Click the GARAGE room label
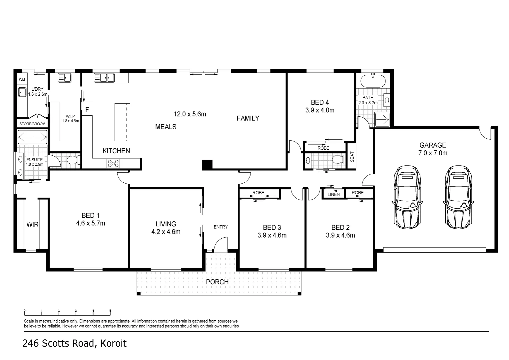tap(432, 145)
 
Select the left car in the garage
tap(406, 196)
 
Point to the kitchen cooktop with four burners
tap(113, 163)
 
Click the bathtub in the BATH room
tap(373, 81)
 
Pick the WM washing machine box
tap(22, 79)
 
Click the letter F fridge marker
tap(87, 109)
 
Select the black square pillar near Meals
tap(207, 165)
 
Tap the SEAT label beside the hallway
tap(352, 157)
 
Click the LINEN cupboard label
tap(333, 194)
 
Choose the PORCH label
tap(217, 282)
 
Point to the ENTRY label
tap(221, 227)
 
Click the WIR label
tap(32, 225)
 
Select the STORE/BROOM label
tap(32, 124)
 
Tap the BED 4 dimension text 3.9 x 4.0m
tap(320, 110)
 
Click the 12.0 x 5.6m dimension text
tap(190, 114)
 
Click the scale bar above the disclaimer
tap(67, 313)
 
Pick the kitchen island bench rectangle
tap(122, 122)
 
